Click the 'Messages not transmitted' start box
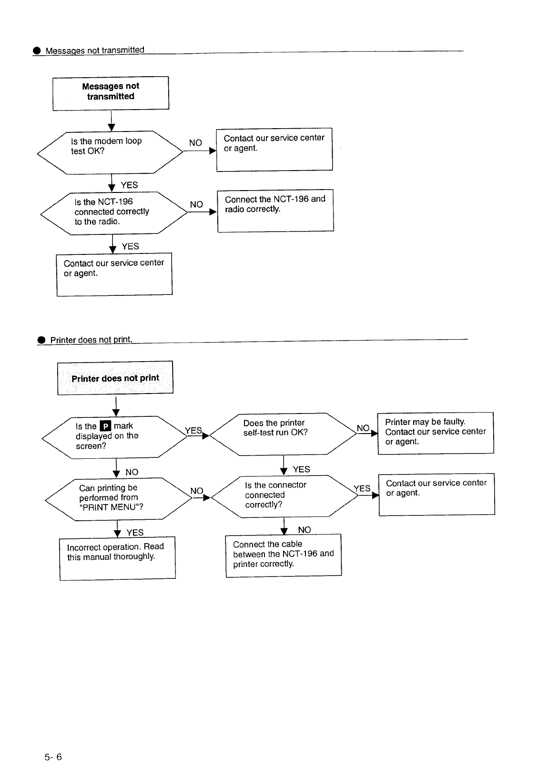(111, 93)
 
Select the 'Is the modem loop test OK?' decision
(110, 152)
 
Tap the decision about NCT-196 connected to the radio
(114, 213)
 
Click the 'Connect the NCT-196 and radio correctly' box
(275, 211)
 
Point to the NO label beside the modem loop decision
(195, 143)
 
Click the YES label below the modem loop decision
(129, 185)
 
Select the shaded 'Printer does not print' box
(115, 378)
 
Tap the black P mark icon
(105, 426)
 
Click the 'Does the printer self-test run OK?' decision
(283, 434)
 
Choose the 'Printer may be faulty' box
(436, 433)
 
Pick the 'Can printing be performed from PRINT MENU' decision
(119, 499)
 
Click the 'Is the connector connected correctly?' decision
(284, 496)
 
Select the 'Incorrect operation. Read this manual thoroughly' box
(117, 558)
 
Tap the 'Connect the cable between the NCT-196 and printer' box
(284, 556)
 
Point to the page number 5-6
(53, 757)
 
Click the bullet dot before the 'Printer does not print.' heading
(41, 340)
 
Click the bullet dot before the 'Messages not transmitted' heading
(37, 51)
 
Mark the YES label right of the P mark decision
(193, 431)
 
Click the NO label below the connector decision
(304, 530)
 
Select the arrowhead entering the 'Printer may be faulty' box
(375, 434)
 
